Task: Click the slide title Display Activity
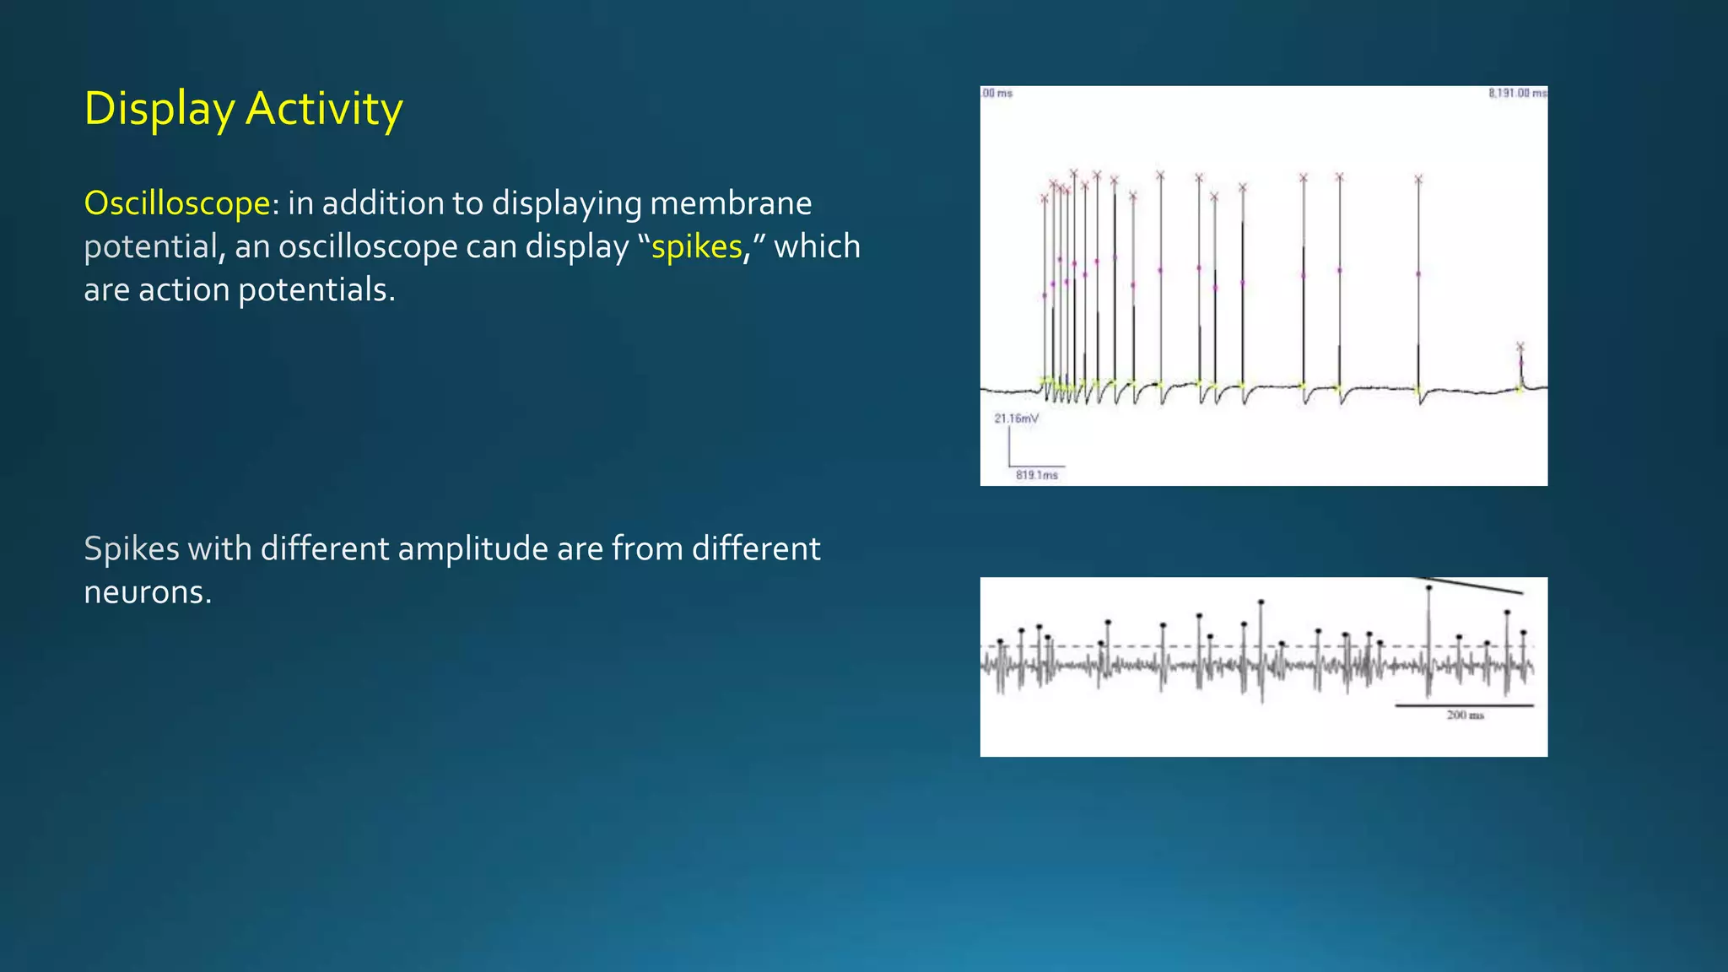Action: (x=243, y=109)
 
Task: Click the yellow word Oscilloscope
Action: (x=177, y=203)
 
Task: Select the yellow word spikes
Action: (x=696, y=246)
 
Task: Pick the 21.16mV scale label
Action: (x=1016, y=418)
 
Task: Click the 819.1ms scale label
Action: (x=1036, y=475)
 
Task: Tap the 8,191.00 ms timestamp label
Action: (x=1517, y=93)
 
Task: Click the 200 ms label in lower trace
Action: (x=1465, y=715)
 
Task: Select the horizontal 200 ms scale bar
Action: (x=1464, y=705)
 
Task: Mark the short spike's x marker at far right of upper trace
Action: (x=1520, y=347)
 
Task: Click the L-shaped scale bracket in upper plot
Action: (x=1010, y=456)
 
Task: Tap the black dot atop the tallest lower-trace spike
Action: (x=1428, y=588)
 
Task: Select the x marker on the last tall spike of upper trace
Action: (x=1418, y=179)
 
